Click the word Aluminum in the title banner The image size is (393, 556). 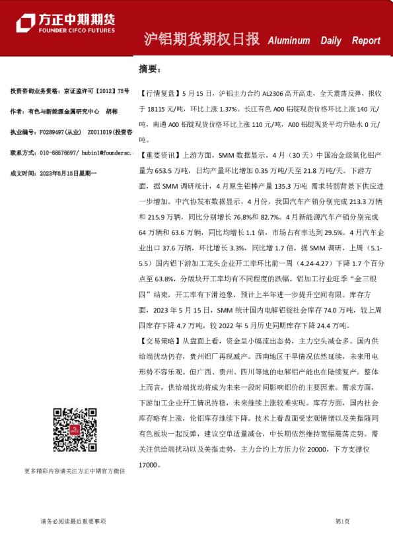click(289, 40)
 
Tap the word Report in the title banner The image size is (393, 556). click(366, 40)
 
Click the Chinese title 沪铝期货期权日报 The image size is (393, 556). click(202, 40)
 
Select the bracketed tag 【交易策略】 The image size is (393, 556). click(159, 341)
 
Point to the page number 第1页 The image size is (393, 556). click(342, 521)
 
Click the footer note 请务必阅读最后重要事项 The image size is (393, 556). click(73, 521)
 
